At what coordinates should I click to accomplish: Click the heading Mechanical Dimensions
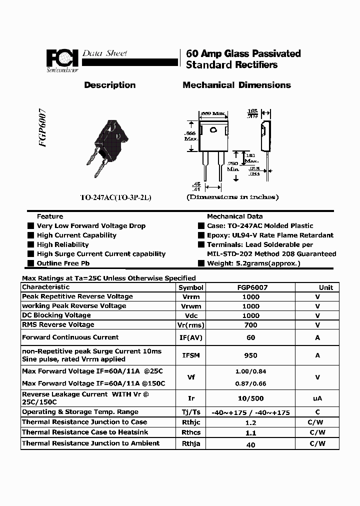pos(236,85)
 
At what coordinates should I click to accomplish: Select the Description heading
pos(110,85)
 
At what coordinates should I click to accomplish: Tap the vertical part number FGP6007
pos(42,127)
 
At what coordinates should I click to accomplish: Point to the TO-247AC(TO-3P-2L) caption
pos(115,197)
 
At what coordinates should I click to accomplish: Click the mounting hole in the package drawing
pos(213,130)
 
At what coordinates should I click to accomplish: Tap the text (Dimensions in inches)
pos(233,197)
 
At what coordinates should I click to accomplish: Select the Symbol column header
pos(191,287)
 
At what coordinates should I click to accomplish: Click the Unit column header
pos(326,287)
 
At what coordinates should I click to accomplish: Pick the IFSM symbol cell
pos(191,355)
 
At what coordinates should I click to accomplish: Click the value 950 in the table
pos(251,355)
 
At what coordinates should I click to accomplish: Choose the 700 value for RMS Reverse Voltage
pos(251,325)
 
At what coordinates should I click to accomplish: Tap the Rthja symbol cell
pos(191,443)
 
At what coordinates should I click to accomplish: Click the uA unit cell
pos(317,398)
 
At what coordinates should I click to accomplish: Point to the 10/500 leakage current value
pos(251,398)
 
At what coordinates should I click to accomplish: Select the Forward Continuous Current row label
pos(70,337)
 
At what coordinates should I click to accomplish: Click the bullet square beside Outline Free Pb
pos(31,263)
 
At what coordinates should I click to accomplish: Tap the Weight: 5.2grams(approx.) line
pos(253,263)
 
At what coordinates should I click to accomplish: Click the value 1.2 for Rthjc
pos(251,422)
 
